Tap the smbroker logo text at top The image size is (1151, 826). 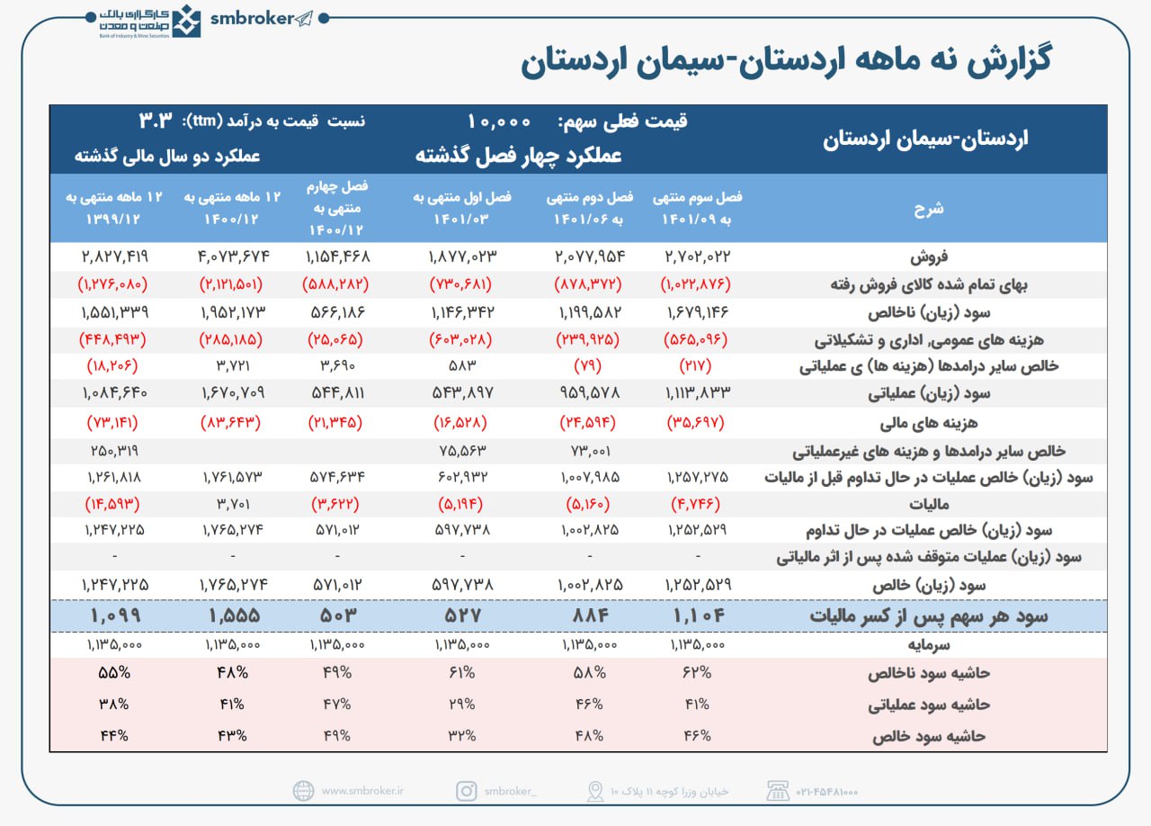coord(252,19)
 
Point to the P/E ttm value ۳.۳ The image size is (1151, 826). coord(156,121)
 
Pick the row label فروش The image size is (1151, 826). coord(1075,256)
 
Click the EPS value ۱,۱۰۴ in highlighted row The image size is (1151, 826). coord(699,616)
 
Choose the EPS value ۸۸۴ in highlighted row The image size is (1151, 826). coord(586,616)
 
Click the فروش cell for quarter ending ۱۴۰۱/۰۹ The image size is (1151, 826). coord(699,256)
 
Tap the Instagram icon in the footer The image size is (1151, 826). coord(466,791)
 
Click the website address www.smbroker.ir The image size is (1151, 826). coord(362,791)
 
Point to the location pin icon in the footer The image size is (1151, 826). coord(594,791)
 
